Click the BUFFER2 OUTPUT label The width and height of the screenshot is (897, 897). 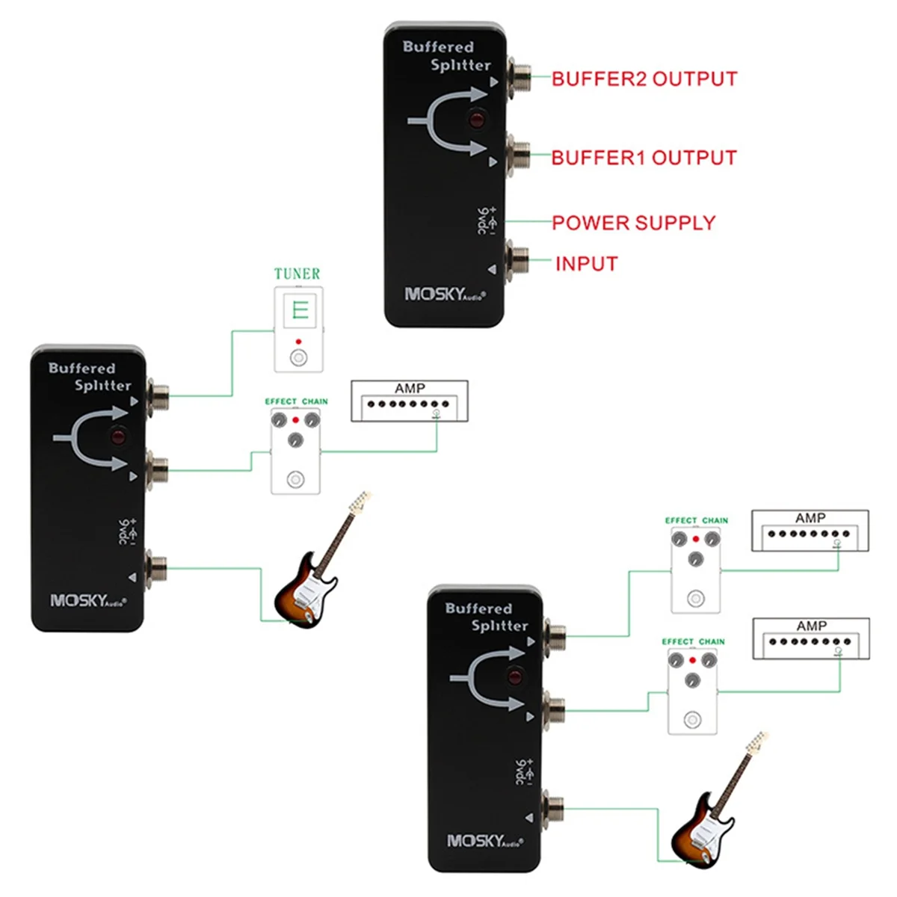pyautogui.click(x=644, y=79)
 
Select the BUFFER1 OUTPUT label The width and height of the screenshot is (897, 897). pyautogui.click(x=644, y=158)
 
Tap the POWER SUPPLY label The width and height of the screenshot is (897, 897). pyautogui.click(x=633, y=223)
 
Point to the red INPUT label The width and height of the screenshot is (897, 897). pyautogui.click(x=586, y=264)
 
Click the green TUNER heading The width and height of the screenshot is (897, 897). pyautogui.click(x=297, y=274)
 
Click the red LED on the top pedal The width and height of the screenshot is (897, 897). pyautogui.click(x=475, y=119)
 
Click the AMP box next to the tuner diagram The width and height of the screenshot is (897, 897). pyautogui.click(x=410, y=401)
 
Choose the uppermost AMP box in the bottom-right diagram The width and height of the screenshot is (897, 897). pyautogui.click(x=810, y=531)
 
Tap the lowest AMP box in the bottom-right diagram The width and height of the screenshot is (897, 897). pyautogui.click(x=811, y=638)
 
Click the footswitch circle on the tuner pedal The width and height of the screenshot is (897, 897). pyautogui.click(x=298, y=357)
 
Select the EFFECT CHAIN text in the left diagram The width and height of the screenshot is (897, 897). pyautogui.click(x=296, y=401)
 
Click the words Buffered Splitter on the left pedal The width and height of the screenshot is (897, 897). pyautogui.click(x=90, y=377)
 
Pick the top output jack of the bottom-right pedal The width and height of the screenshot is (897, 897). pyautogui.click(x=557, y=635)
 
